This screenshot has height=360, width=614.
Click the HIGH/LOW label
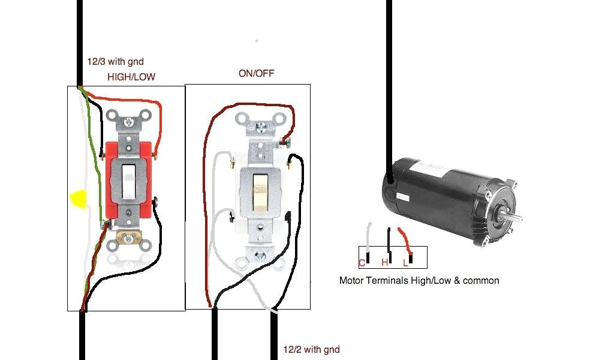tap(132, 77)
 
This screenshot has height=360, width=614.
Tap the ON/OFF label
tap(257, 73)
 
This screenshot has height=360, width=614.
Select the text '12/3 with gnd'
tap(114, 61)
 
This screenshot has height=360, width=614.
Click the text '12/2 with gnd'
tap(311, 350)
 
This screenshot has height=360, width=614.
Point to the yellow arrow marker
tap(77, 199)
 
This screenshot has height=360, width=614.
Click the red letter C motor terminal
tap(362, 262)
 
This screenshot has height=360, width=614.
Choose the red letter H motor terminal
tap(385, 262)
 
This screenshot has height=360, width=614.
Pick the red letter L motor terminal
tap(406, 262)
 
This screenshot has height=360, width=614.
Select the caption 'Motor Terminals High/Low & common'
tap(419, 280)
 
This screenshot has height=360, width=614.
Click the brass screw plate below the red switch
tap(128, 238)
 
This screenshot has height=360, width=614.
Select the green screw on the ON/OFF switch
tap(286, 142)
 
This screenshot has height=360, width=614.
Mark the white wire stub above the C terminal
tap(369, 237)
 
